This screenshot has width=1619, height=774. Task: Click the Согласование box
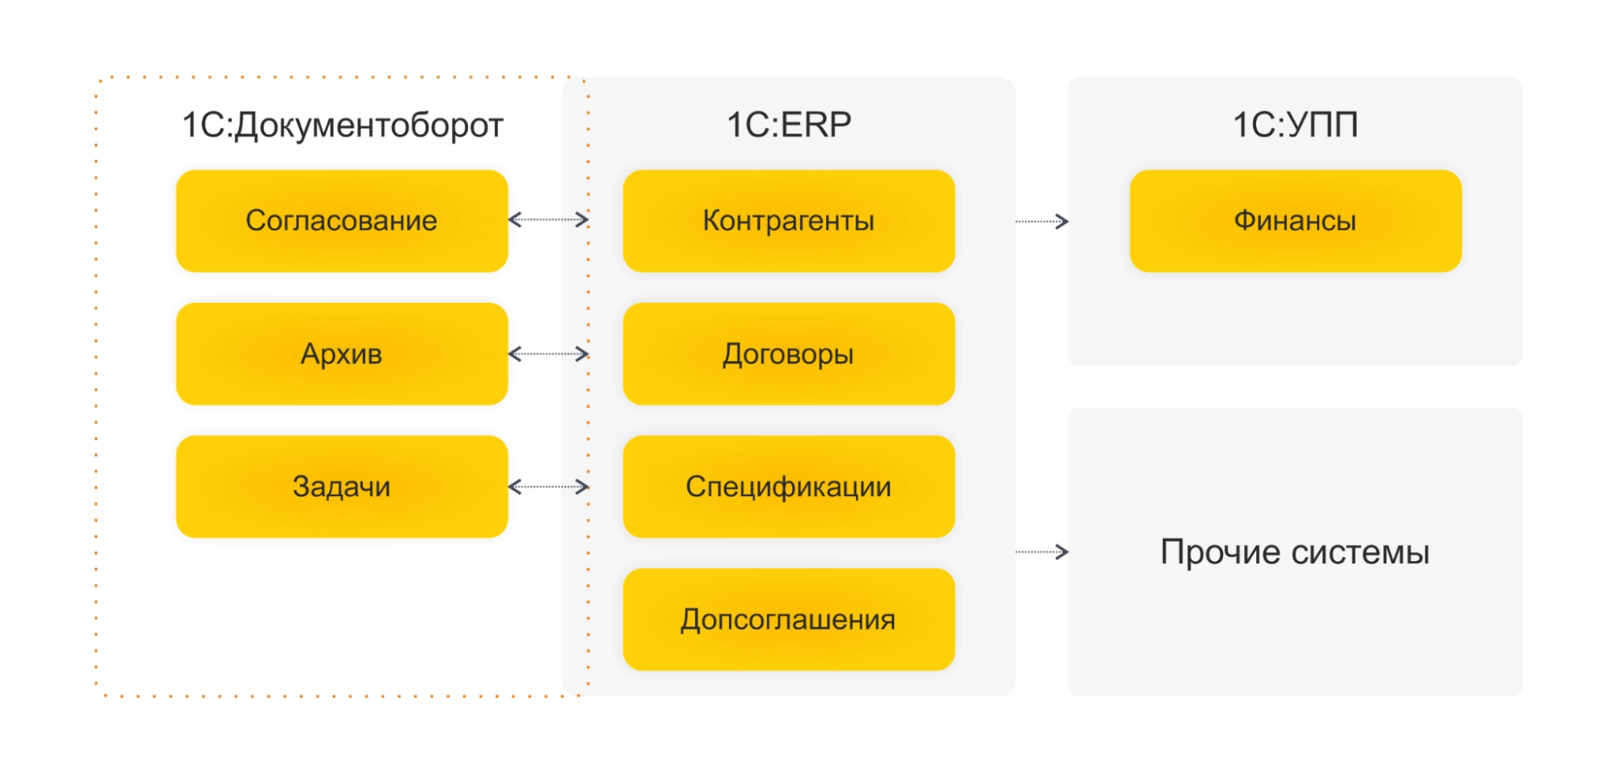tap(342, 220)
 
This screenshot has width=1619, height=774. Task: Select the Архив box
tap(342, 354)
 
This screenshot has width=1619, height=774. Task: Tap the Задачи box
tap(342, 487)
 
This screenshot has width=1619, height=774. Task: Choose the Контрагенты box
tap(788, 220)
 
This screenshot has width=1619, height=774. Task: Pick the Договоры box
tap(788, 354)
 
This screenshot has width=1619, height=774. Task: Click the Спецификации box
tap(788, 487)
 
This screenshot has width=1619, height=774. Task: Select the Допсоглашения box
tap(788, 619)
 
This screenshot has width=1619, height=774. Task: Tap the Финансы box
tap(1295, 220)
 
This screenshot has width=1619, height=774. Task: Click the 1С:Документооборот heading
tap(343, 125)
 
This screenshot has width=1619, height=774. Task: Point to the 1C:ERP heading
tap(789, 125)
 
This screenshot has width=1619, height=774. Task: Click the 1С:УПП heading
tap(1295, 125)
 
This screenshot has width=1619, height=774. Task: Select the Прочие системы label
tap(1295, 552)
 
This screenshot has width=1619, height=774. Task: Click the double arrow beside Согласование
tap(548, 219)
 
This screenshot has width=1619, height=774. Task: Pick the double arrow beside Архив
tap(548, 354)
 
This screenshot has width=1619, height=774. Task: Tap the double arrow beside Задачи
tap(548, 487)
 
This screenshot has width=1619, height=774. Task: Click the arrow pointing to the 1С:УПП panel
tap(1042, 221)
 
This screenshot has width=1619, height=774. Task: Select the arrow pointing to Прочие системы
tap(1042, 552)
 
